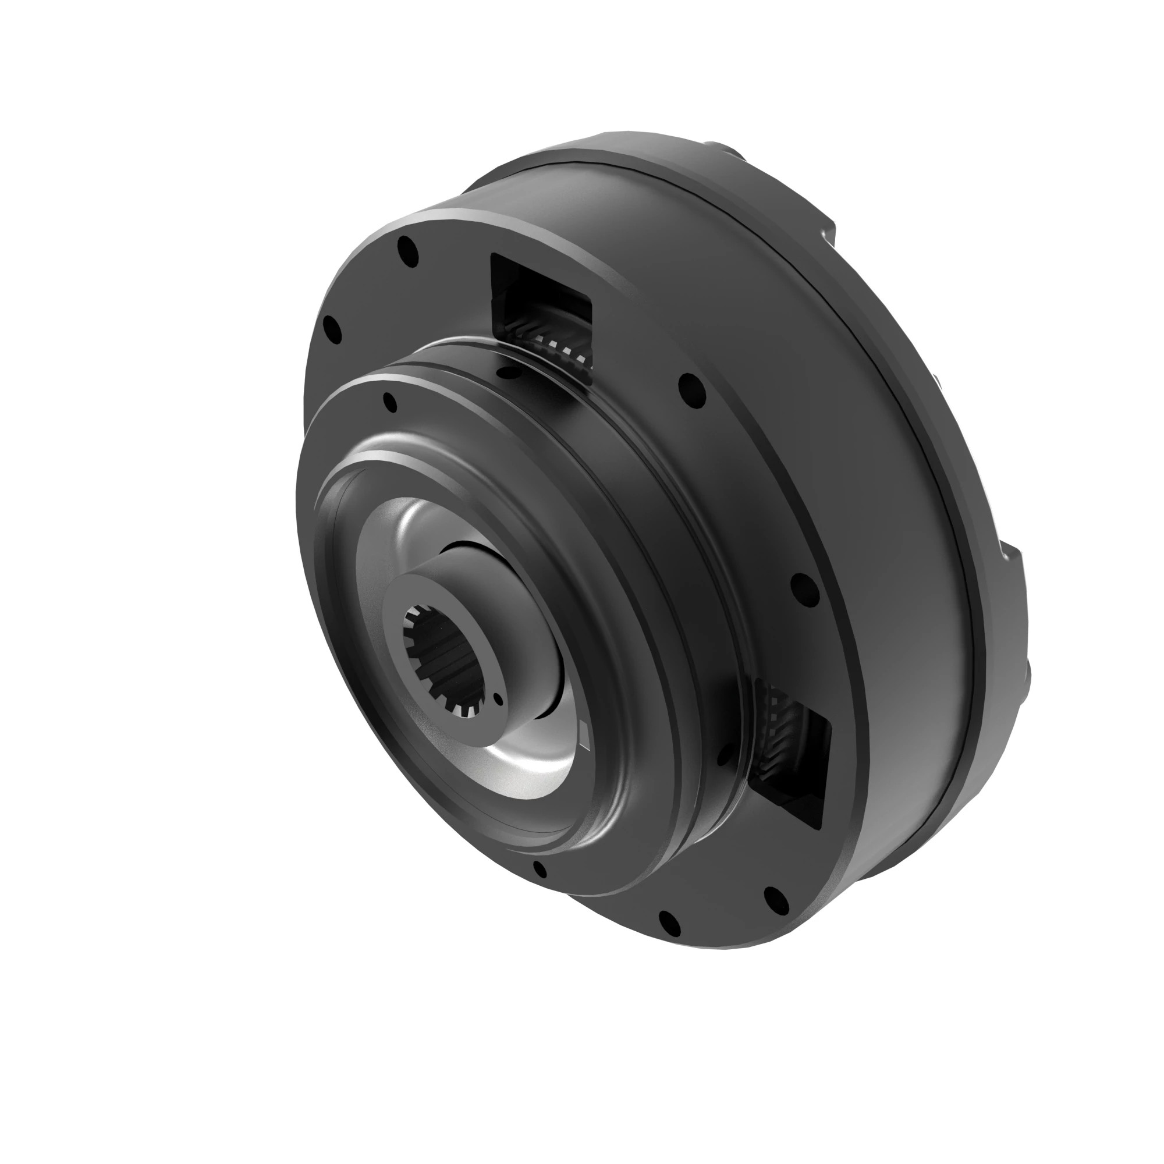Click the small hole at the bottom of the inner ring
pos(540,870)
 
